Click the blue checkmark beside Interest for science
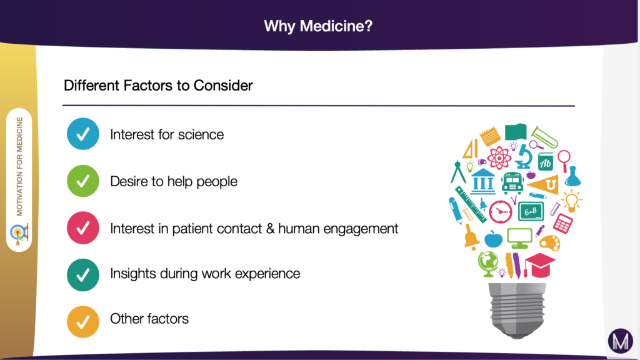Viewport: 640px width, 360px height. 82,134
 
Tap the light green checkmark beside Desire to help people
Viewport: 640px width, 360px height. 82,181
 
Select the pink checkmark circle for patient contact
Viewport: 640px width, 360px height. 82,228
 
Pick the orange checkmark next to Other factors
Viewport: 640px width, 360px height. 82,321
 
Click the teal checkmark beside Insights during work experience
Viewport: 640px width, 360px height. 82,274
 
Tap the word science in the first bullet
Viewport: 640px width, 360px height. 202,134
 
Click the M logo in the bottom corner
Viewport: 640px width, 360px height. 620,341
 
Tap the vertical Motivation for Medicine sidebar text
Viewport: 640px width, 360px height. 20,166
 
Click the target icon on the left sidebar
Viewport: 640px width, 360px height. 19,232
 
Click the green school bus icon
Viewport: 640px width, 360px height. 512,182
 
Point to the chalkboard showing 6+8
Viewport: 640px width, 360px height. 531,211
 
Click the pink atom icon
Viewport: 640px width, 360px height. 499,157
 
